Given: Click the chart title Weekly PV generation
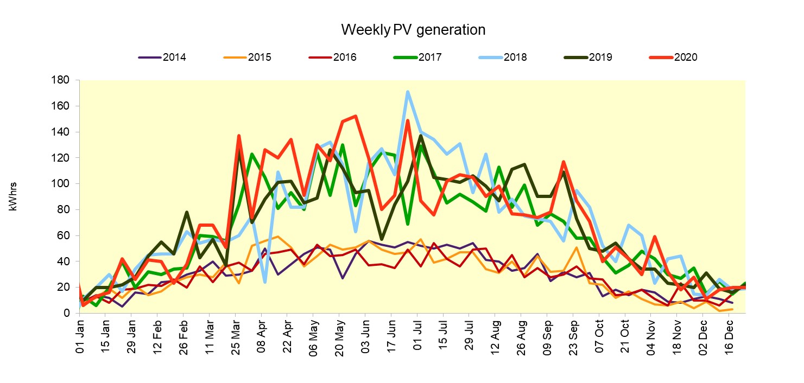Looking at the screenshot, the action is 413,30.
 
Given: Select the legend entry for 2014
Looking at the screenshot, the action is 174,58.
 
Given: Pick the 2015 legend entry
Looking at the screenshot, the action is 259,58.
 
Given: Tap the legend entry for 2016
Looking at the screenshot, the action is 345,58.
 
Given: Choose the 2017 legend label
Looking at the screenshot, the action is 430,58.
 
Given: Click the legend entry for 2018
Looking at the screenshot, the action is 515,58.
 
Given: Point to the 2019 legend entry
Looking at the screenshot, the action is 600,58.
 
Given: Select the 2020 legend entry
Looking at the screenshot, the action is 685,58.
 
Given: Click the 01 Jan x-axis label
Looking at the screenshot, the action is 80,337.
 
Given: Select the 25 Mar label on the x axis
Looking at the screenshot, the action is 236,337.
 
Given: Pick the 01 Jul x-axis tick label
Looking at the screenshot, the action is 418,337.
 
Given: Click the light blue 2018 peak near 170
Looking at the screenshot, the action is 408,92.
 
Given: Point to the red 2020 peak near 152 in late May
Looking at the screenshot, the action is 355,116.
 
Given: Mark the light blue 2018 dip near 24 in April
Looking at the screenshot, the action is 265,282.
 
